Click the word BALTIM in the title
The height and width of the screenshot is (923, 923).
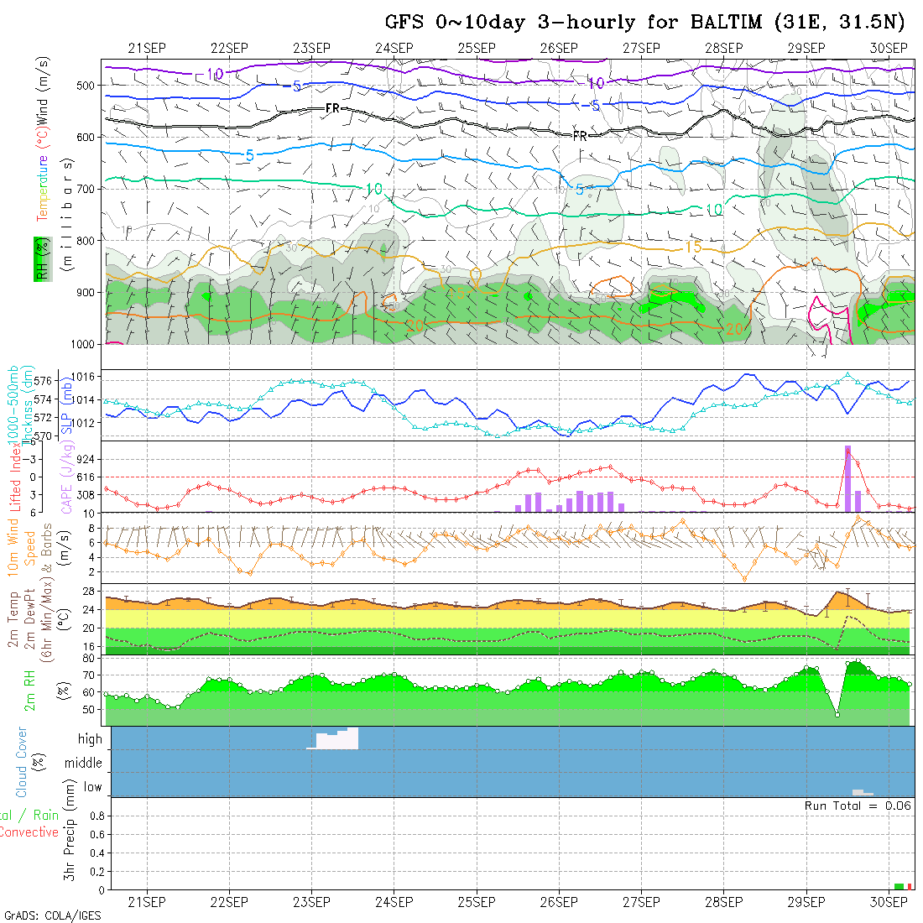click(722, 22)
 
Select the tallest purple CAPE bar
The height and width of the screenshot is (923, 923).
click(847, 478)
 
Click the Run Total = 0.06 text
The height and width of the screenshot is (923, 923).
click(858, 806)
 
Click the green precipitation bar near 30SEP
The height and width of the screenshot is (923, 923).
click(899, 886)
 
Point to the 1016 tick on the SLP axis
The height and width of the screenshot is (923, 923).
click(87, 377)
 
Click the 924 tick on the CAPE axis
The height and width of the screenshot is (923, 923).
click(87, 460)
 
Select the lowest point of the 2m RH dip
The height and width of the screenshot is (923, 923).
click(837, 714)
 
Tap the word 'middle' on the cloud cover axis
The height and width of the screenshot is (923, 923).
click(83, 763)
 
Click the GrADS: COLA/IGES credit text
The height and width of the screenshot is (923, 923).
click(52, 915)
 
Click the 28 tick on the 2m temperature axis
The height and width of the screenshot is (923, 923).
click(91, 591)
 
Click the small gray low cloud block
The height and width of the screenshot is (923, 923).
click(862, 792)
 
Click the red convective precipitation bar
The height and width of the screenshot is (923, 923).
click(909, 886)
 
